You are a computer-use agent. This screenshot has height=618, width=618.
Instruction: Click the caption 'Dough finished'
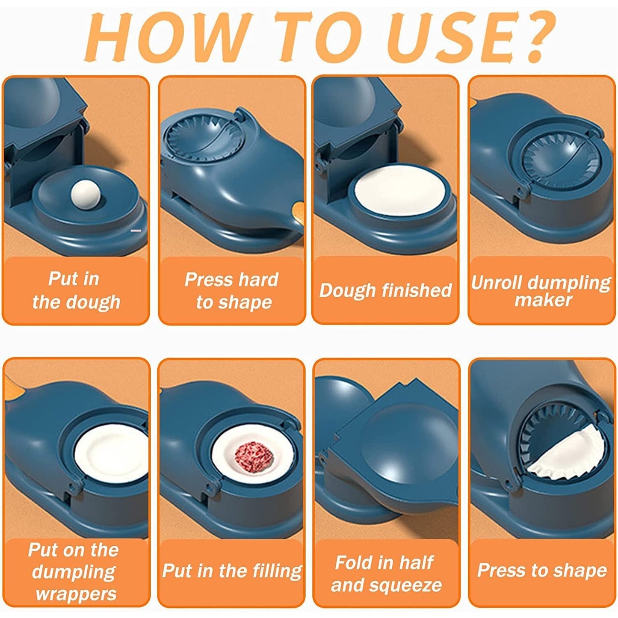click(385, 290)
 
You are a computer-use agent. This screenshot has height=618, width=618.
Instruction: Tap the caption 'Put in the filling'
click(232, 571)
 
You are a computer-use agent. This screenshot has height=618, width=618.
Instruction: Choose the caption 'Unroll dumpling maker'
click(541, 291)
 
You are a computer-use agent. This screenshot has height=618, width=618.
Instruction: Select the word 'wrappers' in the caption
click(76, 594)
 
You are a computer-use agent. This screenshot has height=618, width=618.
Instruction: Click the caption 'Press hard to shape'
click(232, 291)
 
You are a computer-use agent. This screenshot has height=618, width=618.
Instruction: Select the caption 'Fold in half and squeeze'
click(386, 574)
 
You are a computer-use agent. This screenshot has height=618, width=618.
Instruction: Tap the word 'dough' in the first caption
click(98, 302)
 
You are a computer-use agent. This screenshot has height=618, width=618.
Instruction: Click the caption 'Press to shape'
click(542, 571)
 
